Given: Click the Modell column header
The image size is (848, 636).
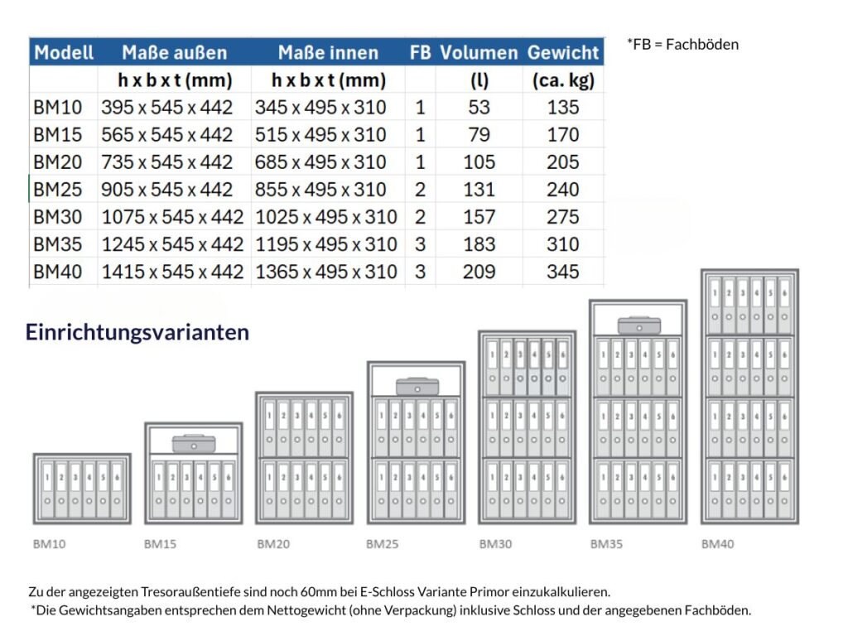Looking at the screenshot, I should (64, 52).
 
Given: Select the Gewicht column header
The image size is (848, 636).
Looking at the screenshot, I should (562, 52).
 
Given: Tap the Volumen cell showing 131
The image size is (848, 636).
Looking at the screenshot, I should (479, 190).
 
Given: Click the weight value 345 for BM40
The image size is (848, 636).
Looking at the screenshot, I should (562, 272).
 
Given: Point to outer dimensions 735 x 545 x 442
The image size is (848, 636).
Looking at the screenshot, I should (167, 162).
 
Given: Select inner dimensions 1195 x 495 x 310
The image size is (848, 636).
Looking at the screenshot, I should (326, 244).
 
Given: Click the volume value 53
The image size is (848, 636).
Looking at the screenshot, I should (479, 108).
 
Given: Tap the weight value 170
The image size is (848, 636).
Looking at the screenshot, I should (562, 135).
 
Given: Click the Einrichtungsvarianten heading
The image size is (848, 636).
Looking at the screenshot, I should (137, 332).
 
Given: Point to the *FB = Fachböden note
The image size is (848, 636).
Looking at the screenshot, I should (682, 44).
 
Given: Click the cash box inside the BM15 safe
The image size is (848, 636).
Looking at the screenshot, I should (194, 443).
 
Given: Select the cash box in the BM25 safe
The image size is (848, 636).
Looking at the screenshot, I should (417, 386).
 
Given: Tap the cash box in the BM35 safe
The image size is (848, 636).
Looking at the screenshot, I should (638, 324).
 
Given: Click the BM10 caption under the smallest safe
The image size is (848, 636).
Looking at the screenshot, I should (49, 544).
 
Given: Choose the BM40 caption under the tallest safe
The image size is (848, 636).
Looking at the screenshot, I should (717, 544).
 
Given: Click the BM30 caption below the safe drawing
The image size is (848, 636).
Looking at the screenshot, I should (494, 544).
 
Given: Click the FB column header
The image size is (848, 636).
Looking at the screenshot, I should (420, 52).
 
